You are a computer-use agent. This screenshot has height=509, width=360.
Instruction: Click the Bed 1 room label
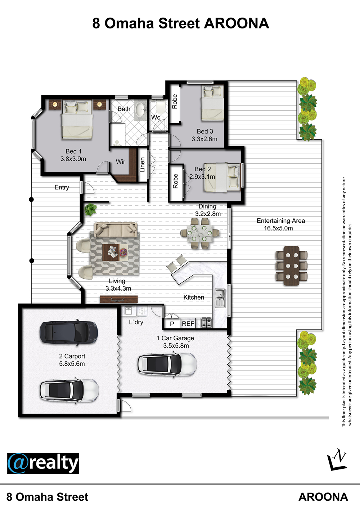pos(73,151)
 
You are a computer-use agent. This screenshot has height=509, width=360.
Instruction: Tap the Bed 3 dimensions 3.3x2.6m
pos(204,139)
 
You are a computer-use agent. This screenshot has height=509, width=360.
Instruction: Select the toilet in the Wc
pos(161,107)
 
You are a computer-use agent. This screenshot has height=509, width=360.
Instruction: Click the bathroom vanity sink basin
pos(141,110)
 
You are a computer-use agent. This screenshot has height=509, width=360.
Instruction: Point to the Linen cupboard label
pos(142,165)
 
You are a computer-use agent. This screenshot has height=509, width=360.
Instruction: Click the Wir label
pos(120,162)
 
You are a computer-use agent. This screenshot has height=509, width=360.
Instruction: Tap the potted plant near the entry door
pos(90,209)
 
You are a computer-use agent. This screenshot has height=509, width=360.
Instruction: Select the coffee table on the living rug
pos(111,252)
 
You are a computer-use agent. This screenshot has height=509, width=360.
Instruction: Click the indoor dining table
pos(200,233)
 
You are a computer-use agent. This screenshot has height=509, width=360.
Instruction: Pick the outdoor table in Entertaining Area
pos(292,265)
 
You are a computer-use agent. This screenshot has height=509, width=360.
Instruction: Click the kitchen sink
pos(220,298)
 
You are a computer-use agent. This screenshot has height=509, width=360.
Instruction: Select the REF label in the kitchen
pos(188,324)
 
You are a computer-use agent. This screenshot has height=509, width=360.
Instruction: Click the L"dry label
pos(136,322)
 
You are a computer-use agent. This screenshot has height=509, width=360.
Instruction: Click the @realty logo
pos(43,464)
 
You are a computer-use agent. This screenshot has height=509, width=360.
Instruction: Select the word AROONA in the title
pos(237,23)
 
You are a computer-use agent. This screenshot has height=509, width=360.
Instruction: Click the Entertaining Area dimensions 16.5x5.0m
pos(278,228)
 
